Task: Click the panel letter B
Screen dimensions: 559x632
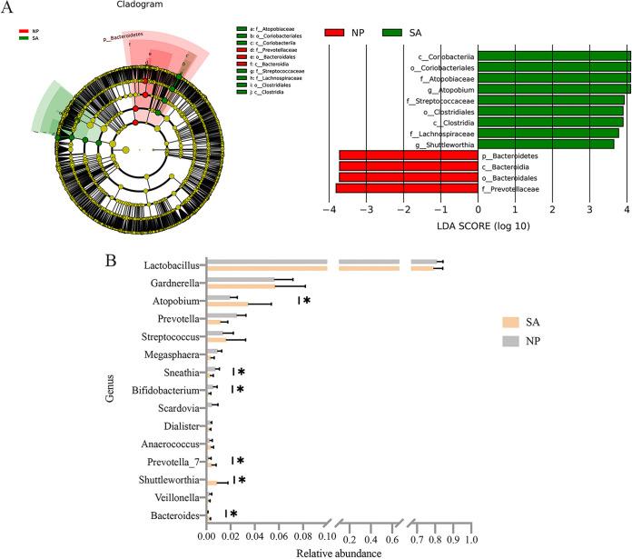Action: point(112,259)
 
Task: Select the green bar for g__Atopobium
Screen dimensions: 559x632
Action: point(554,88)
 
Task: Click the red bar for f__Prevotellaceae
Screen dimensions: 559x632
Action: point(407,188)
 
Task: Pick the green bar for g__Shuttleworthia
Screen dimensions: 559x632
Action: point(546,144)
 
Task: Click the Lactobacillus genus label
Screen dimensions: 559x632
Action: point(173,265)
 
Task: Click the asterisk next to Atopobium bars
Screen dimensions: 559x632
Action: point(307,300)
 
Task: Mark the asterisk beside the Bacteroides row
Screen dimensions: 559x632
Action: point(233,514)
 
